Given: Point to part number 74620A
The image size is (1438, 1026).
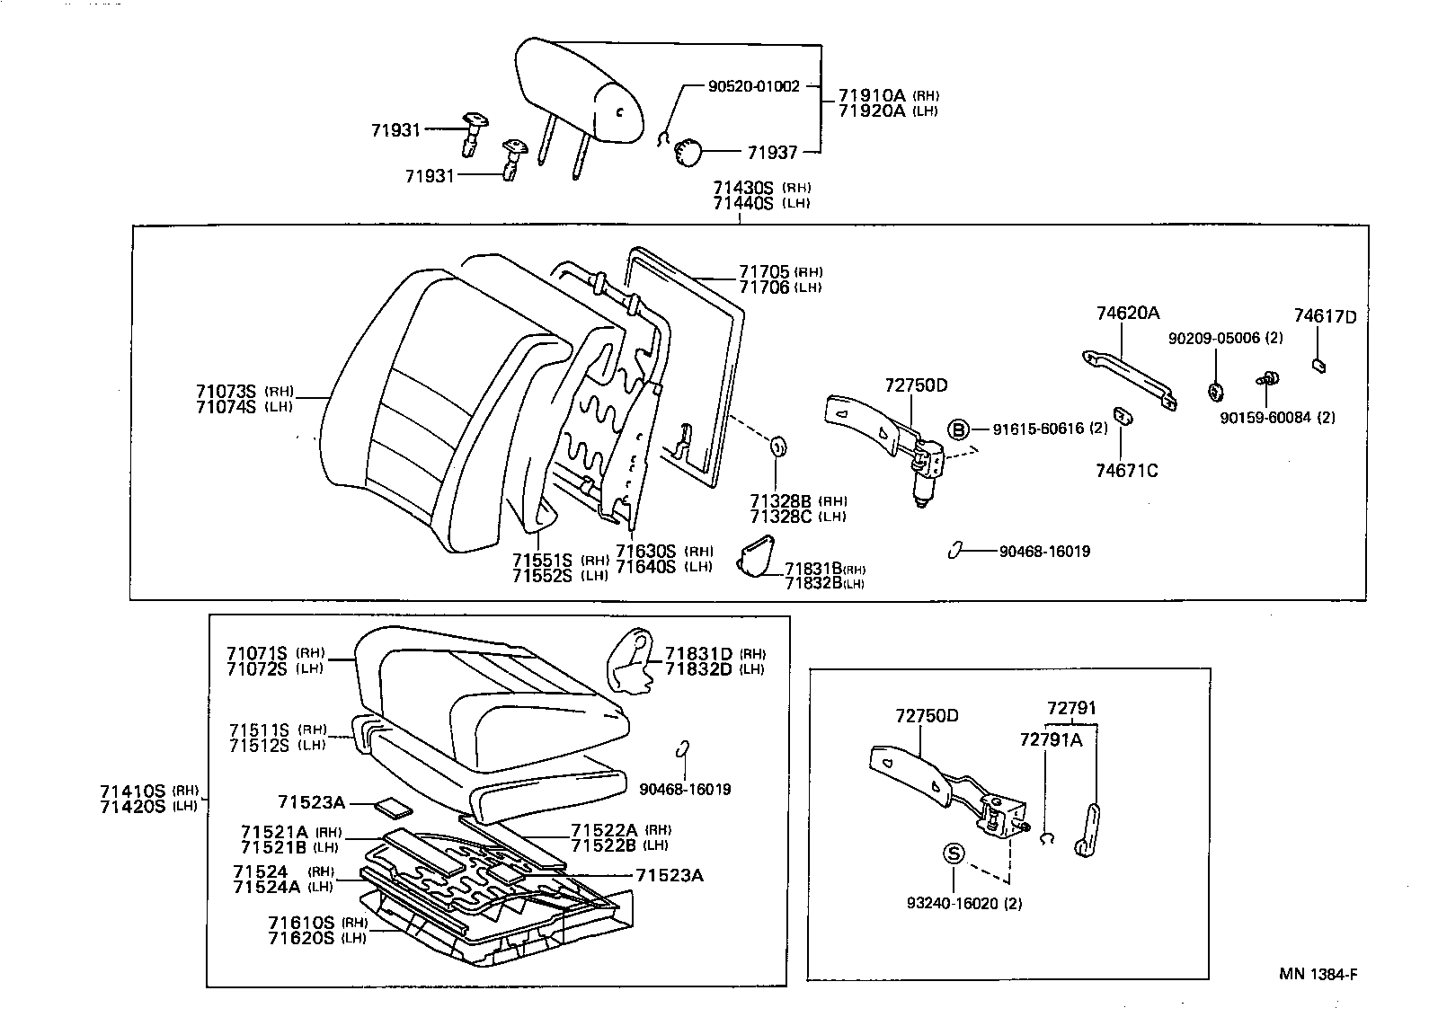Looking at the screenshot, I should (x=1127, y=314).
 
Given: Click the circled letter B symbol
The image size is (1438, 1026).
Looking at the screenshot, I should (x=959, y=429).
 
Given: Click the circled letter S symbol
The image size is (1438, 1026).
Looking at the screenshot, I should (x=954, y=854).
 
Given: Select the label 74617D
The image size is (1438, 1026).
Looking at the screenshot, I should (x=1325, y=316).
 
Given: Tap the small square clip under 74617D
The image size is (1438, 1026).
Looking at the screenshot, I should (x=1320, y=365).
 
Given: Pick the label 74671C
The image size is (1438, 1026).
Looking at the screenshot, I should (x=1127, y=470).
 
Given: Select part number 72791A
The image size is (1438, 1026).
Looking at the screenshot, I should (x=1051, y=739).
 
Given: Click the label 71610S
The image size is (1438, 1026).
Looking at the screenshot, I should (x=301, y=923).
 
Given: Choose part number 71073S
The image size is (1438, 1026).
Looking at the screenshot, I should (x=226, y=392).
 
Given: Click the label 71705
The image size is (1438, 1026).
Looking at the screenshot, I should (x=764, y=271).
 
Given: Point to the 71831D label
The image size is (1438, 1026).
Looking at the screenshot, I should (x=698, y=654).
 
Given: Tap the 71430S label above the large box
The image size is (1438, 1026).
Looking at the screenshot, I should (x=743, y=188).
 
